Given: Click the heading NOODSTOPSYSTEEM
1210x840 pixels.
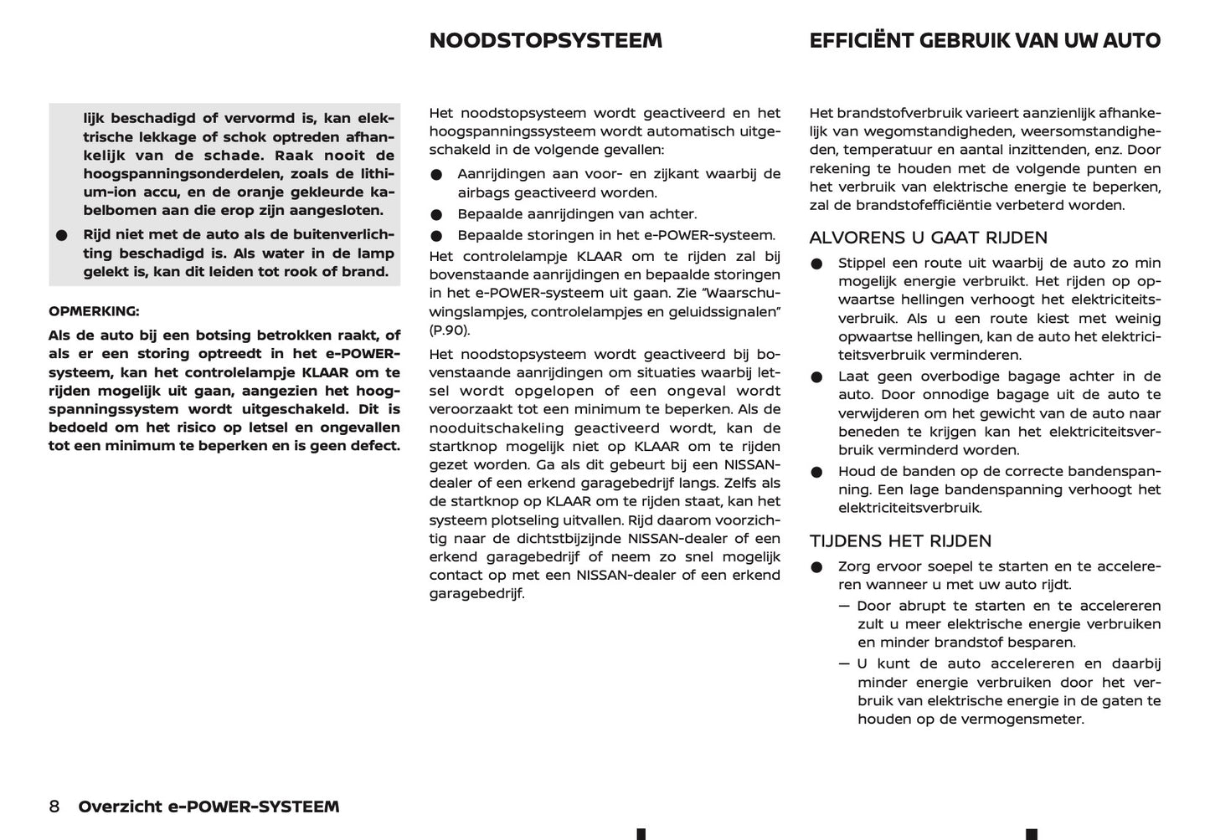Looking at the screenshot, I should click(x=545, y=41).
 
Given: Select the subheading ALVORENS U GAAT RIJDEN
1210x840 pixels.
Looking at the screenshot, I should click(x=928, y=238).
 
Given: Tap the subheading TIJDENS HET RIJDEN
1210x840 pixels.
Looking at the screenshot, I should click(x=900, y=541).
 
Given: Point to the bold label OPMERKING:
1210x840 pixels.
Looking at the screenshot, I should click(x=94, y=311).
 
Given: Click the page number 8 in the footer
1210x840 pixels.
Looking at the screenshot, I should click(x=54, y=807).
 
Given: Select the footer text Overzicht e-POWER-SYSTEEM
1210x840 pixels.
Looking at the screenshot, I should click(x=209, y=807).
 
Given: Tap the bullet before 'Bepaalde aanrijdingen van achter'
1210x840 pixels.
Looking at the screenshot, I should click(x=436, y=215).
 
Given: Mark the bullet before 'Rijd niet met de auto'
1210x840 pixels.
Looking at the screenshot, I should click(x=61, y=236).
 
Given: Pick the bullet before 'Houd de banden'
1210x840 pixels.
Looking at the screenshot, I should click(x=816, y=472).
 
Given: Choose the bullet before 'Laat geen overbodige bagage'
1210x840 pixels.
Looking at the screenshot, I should click(x=816, y=377).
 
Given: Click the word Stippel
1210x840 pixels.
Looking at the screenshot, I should click(x=862, y=263).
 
